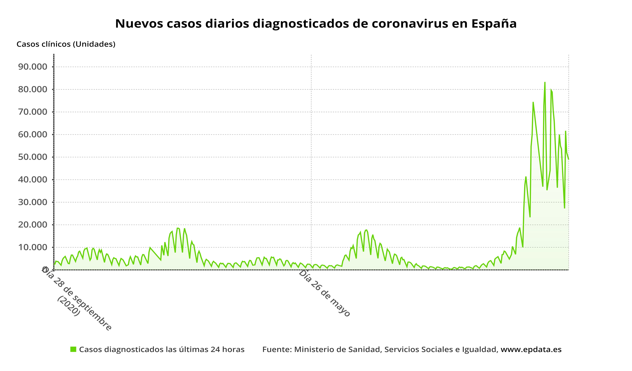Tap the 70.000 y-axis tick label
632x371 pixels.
point(33,112)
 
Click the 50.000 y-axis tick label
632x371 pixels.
point(33,157)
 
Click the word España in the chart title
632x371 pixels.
point(494,24)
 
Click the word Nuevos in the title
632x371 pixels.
point(139,24)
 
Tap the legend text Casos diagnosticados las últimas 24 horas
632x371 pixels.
point(162,349)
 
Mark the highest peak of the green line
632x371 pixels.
point(545,82)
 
